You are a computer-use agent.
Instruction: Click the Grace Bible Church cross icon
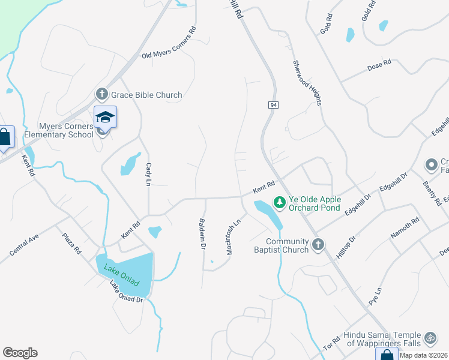(x=102, y=94)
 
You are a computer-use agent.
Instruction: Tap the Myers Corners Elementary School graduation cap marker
(x=105, y=117)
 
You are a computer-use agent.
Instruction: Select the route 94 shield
(x=273, y=105)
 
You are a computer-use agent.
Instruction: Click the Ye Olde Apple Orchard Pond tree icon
(x=279, y=200)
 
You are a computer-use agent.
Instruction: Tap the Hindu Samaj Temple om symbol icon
(x=429, y=338)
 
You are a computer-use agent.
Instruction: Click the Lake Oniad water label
(x=121, y=274)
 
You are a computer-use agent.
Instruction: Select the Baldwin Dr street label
(x=202, y=233)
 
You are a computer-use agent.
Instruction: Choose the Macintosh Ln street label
(x=234, y=236)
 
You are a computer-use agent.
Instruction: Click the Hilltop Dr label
(x=346, y=247)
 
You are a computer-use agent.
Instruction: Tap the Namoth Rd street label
(x=405, y=229)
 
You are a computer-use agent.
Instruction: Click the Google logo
(x=20, y=353)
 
